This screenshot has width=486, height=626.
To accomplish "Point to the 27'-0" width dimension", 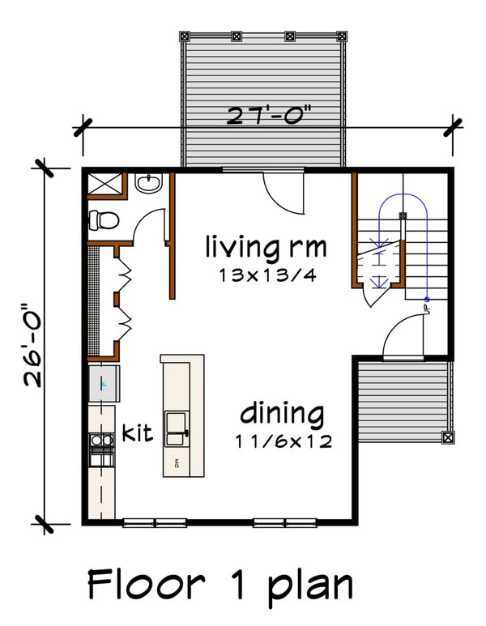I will pos(267,116).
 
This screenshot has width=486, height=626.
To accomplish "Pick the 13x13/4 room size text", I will pos(266,275).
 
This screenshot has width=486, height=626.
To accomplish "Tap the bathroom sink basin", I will pos(149,185).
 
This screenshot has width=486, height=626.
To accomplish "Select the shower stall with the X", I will pos(103,184).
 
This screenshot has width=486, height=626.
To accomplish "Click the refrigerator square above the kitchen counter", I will pos(103,382).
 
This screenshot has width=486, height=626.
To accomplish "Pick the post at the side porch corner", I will pos(447,436).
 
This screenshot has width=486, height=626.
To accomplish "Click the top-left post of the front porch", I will pos(184,36).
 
